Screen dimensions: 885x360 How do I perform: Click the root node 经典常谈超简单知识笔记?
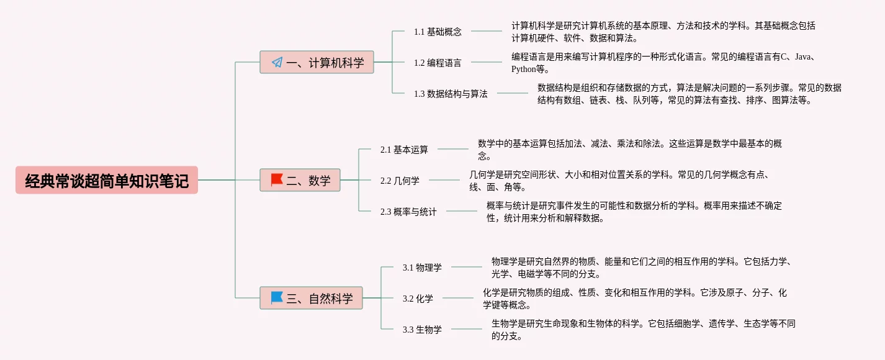point(107,180)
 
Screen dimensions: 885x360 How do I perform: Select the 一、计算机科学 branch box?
point(317,62)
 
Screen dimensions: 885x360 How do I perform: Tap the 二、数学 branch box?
point(300,180)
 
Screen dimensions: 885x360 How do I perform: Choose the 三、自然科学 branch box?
point(311,298)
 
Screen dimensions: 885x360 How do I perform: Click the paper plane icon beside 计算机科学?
point(277,62)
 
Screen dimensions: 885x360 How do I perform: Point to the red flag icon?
point(277,180)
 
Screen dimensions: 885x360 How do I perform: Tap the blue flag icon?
point(277,297)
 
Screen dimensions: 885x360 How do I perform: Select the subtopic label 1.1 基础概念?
point(438,32)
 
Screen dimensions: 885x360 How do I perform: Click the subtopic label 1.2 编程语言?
point(438,63)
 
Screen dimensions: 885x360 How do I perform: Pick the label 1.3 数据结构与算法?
point(451,94)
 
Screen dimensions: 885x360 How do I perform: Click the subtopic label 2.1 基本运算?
point(404,150)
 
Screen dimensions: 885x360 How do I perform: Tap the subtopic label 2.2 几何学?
point(400,181)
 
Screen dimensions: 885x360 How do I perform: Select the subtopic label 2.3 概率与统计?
point(408,212)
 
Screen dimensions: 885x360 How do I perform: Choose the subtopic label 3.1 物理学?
point(422,268)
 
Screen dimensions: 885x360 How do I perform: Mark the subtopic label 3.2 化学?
point(418,299)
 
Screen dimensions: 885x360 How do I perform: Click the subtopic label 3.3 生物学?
point(422,330)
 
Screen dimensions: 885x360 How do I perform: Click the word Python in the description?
point(524,69)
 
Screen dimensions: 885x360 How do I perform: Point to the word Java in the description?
point(802,56)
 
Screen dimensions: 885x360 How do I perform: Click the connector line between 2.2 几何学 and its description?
point(444,180)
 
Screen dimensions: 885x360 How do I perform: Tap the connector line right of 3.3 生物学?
point(467,329)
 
